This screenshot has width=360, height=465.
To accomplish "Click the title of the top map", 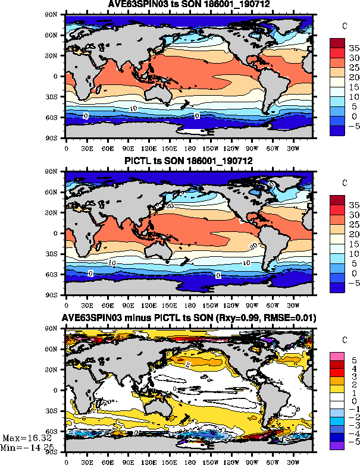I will pos(189,5).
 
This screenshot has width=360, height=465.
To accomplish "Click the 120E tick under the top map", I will pos(148,148).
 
